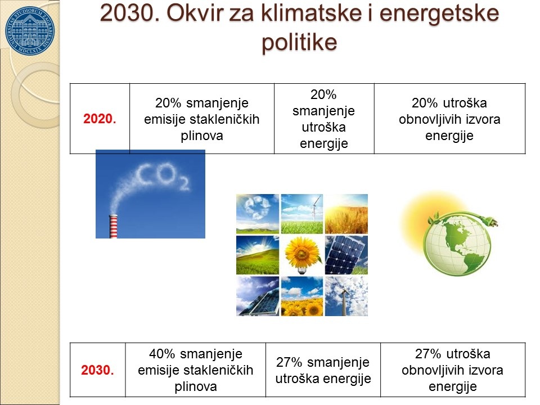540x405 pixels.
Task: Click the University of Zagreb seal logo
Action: [30, 30]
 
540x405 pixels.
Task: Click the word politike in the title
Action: [299, 42]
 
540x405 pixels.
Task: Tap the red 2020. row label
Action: [100, 119]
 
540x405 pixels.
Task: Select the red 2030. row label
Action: [97, 370]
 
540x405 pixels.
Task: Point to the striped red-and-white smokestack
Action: [113, 226]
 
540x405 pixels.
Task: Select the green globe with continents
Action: [457, 244]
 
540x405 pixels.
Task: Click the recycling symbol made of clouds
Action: [257, 208]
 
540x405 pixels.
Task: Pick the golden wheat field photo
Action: [346, 214]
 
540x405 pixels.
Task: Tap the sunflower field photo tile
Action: [302, 296]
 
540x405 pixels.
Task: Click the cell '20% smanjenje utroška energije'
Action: [324, 119]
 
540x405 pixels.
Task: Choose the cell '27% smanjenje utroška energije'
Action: [323, 370]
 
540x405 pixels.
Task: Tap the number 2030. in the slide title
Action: [130, 13]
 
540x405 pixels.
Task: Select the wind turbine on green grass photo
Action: [302, 214]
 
